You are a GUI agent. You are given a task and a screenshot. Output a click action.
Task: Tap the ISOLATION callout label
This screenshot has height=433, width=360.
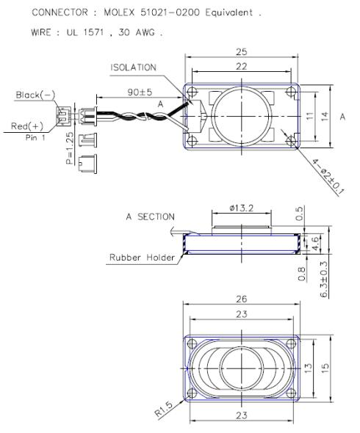click(134, 68)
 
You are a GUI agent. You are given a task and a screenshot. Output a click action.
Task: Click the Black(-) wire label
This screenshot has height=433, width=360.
click(30, 96)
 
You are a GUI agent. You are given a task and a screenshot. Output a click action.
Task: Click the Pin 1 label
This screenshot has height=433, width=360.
click(36, 137)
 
